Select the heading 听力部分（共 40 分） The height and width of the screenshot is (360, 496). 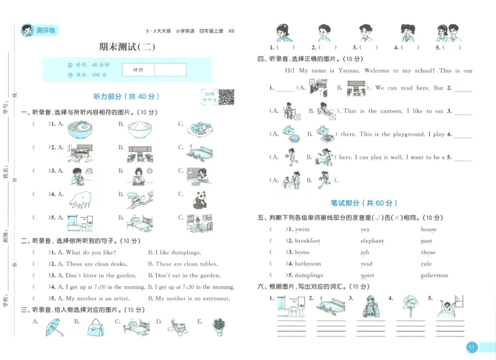(x=126, y=97)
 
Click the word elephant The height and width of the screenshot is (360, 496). (x=372, y=241)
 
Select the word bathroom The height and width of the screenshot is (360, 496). (x=308, y=264)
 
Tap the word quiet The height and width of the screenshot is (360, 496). (x=367, y=275)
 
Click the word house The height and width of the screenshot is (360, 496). (x=428, y=229)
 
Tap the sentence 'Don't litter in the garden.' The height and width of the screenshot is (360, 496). (x=100, y=275)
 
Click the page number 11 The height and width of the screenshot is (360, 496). (x=472, y=348)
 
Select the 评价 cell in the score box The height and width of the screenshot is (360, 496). (x=138, y=70)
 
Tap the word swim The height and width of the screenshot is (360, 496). (x=302, y=229)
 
